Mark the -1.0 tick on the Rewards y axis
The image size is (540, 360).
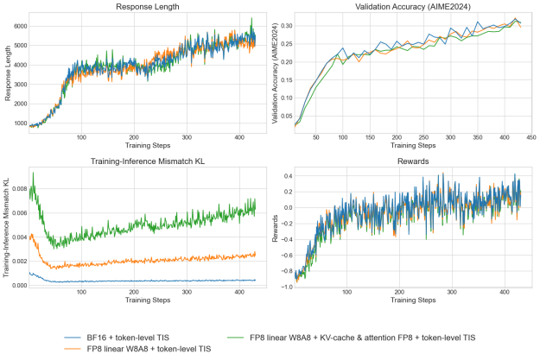285,286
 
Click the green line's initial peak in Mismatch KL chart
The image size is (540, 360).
33,174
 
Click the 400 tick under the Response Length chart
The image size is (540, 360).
237,137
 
